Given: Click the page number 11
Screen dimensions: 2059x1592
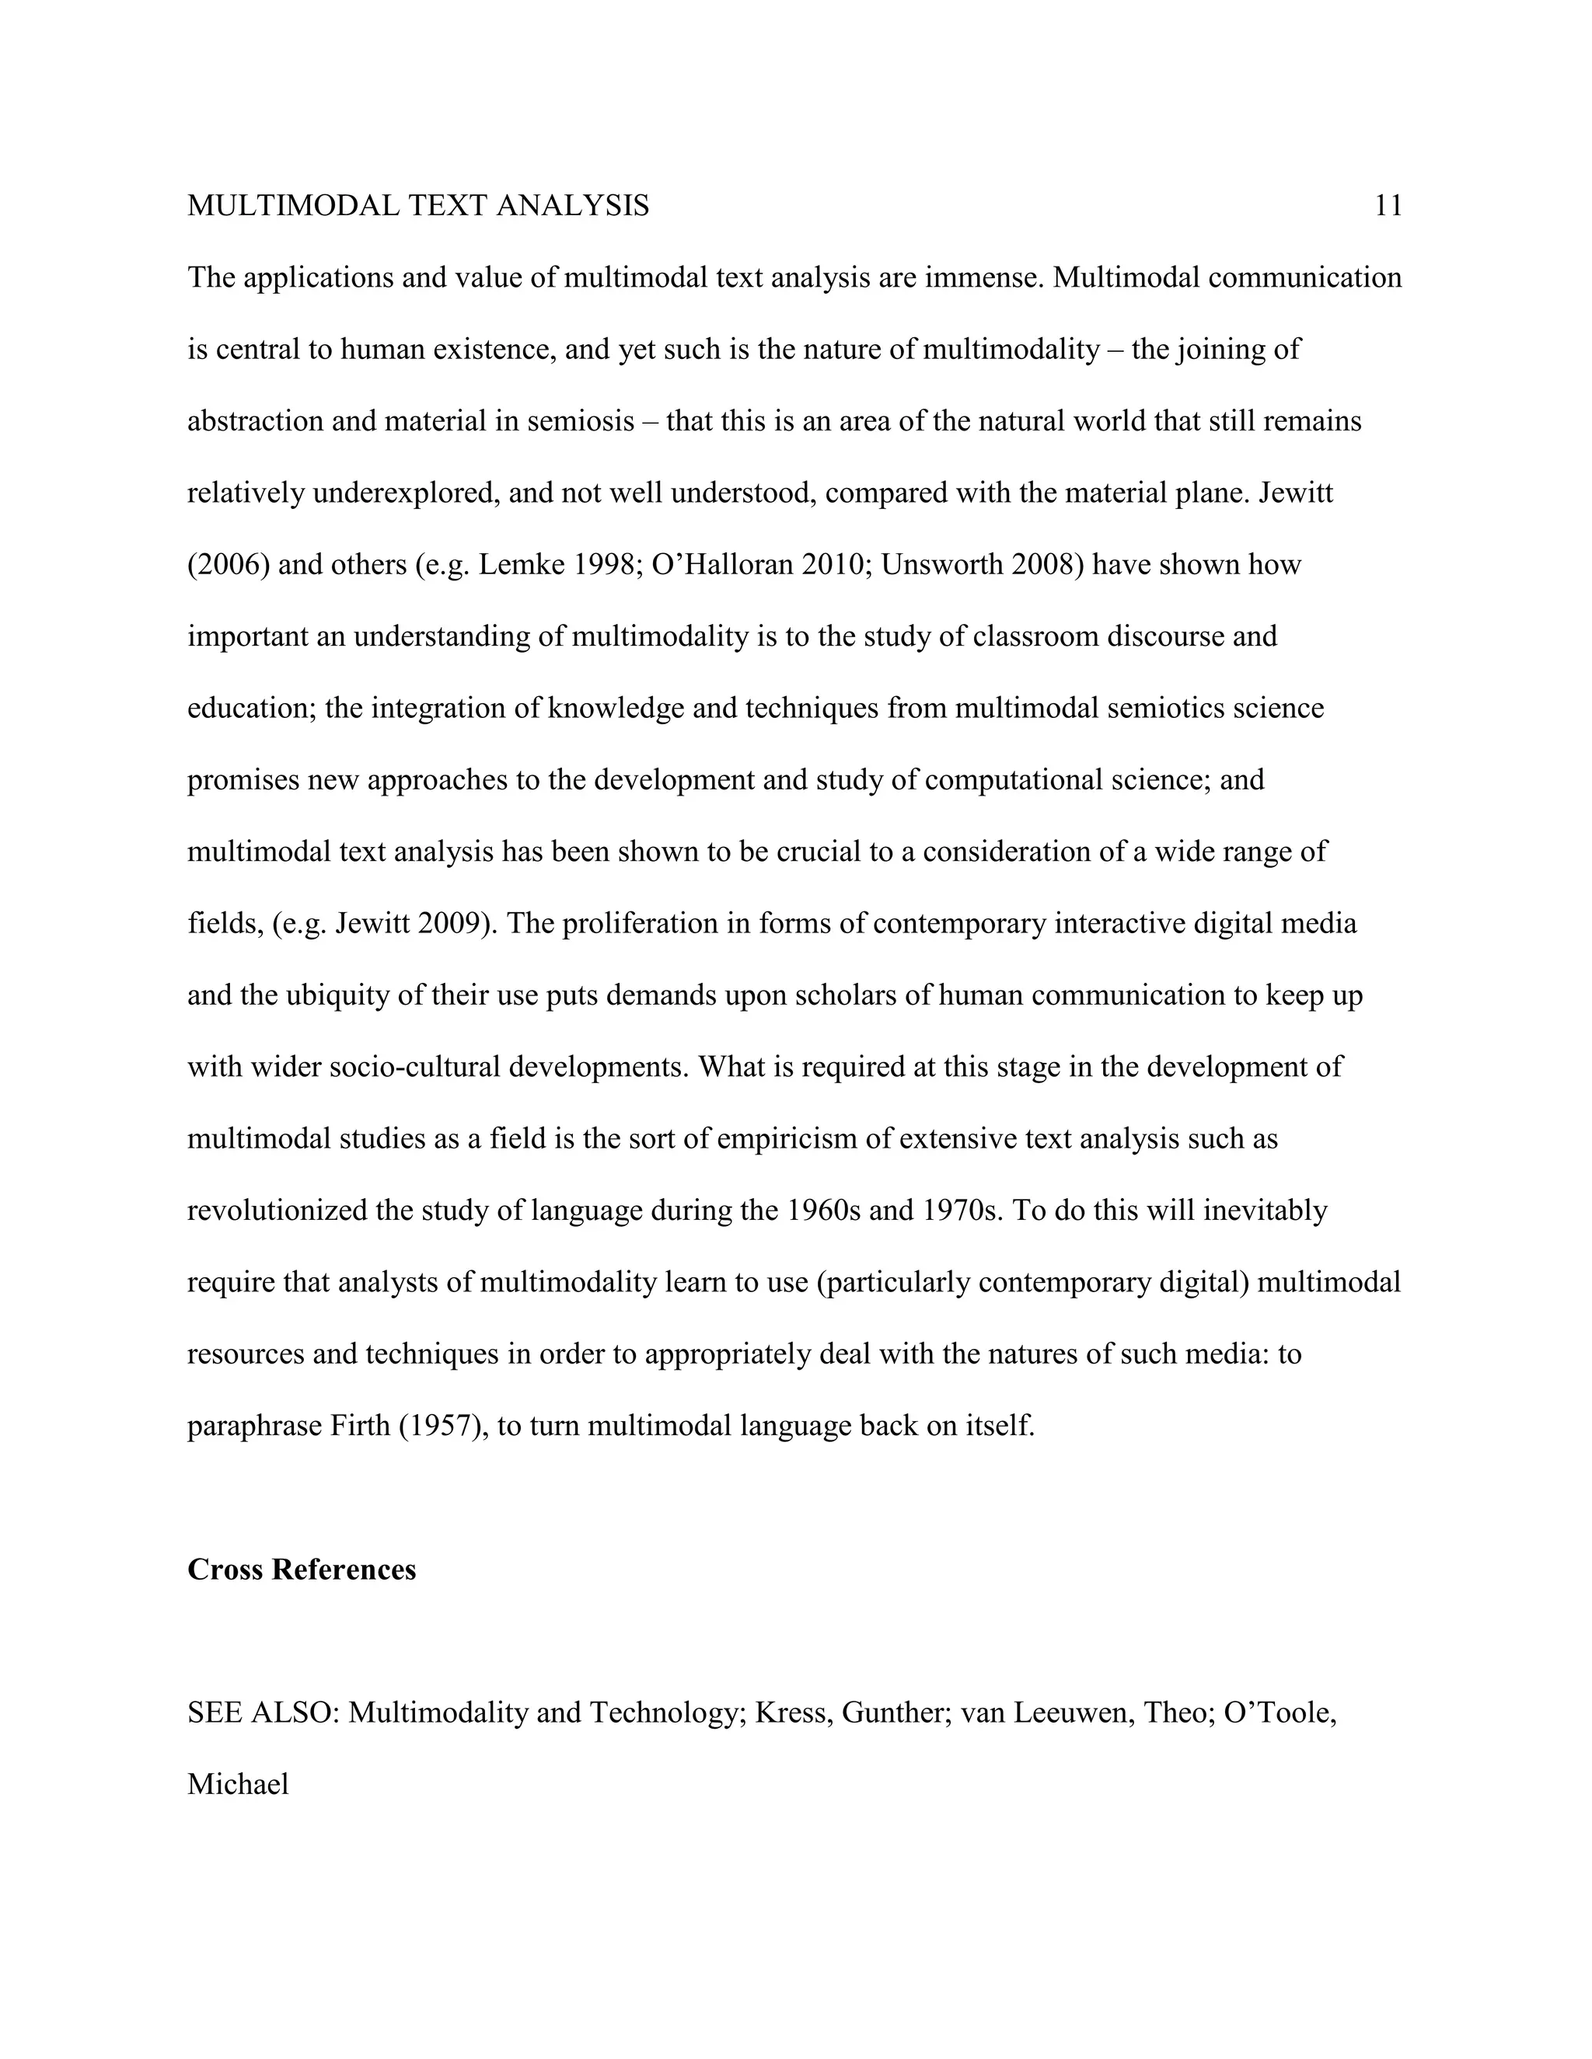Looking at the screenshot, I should (x=1388, y=206).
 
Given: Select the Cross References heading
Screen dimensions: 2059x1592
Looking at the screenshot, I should (x=302, y=1570).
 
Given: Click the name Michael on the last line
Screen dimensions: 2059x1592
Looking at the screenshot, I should (x=238, y=1785).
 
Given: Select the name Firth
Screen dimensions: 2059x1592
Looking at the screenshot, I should (x=359, y=1426).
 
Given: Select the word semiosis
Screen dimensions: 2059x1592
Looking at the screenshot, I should (x=581, y=421).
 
